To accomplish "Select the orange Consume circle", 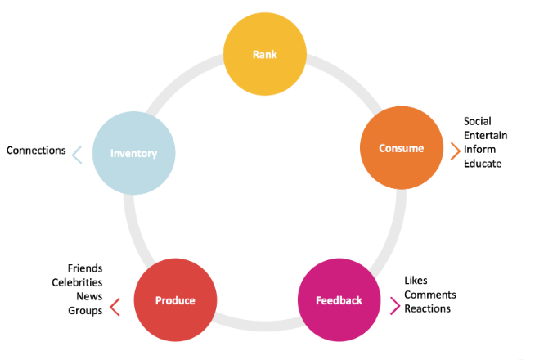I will [x=402, y=148].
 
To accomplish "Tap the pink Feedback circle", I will [x=339, y=300].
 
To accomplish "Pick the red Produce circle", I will [x=175, y=300].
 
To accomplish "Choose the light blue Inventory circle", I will [x=133, y=153].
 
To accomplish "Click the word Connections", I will [x=36, y=151].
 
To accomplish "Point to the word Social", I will [x=478, y=122].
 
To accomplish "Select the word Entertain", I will [x=485, y=136].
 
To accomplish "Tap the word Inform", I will [x=479, y=150].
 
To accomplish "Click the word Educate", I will [x=483, y=164].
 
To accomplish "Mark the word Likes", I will [x=416, y=281].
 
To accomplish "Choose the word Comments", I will [x=430, y=295].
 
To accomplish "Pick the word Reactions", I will [x=427, y=308].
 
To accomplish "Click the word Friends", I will [x=85, y=268].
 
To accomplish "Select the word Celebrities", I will [x=77, y=282].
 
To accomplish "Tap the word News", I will [x=89, y=296].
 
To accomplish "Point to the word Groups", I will [x=86, y=310].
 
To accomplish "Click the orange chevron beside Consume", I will [x=455, y=151].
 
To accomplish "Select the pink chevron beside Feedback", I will [x=395, y=306].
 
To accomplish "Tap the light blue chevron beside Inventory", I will [x=77, y=154].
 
